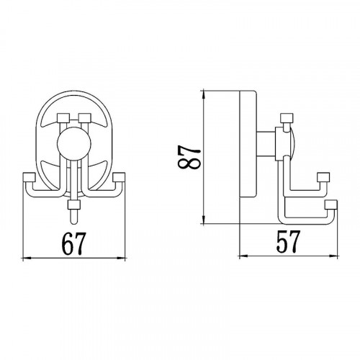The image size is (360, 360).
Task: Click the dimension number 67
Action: point(73,243)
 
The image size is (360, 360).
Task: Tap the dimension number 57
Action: point(288,241)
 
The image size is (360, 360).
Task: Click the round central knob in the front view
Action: point(74,144)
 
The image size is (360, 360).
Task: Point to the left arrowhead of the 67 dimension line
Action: point(27,258)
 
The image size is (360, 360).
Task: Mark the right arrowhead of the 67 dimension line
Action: point(121,258)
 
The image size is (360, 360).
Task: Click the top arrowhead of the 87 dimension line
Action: point(204,94)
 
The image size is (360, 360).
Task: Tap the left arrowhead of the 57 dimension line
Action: point(244,256)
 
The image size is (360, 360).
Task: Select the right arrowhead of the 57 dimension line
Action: point(333,256)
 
